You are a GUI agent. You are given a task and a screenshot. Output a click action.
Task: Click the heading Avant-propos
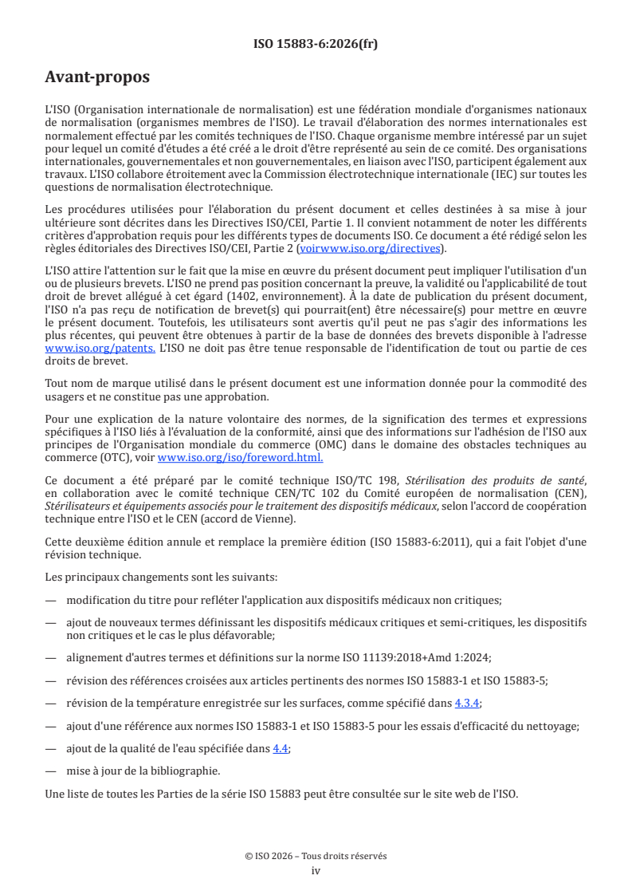(x=97, y=78)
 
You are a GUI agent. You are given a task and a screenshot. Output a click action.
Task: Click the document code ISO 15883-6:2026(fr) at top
(x=316, y=45)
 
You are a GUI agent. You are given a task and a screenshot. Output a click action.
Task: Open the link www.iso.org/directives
(x=379, y=248)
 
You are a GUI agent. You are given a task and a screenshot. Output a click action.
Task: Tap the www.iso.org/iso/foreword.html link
(x=240, y=458)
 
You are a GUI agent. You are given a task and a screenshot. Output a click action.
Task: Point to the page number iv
(x=316, y=870)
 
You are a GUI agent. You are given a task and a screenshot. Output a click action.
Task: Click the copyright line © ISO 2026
(x=316, y=856)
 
